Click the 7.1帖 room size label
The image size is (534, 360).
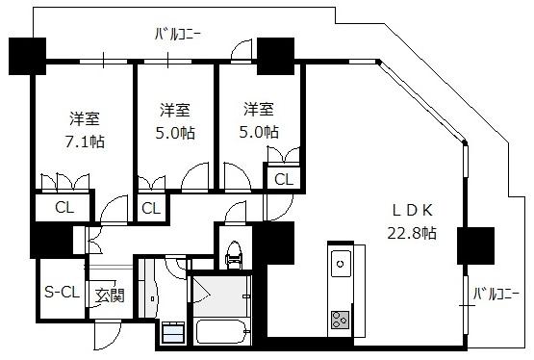(85, 141)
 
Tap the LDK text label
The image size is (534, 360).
(413, 210)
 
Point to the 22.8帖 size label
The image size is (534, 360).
(412, 233)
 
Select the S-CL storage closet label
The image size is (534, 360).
(62, 292)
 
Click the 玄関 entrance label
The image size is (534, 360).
(110, 295)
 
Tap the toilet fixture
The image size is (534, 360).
(235, 254)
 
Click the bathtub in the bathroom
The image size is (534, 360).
(221, 331)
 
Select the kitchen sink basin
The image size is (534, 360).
(341, 264)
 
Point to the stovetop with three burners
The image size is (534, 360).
(340, 320)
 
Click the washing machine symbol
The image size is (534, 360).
(173, 332)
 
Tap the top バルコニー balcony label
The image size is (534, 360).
(178, 35)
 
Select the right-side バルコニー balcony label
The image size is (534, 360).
(496, 294)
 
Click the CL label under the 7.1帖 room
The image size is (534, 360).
(64, 207)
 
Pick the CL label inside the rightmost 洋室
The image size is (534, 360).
(283, 179)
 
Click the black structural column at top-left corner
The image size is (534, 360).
(27, 56)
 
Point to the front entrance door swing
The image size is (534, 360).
(108, 335)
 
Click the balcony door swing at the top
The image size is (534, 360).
(242, 50)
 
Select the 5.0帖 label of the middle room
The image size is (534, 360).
(175, 133)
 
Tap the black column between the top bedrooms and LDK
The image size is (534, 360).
(275, 56)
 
